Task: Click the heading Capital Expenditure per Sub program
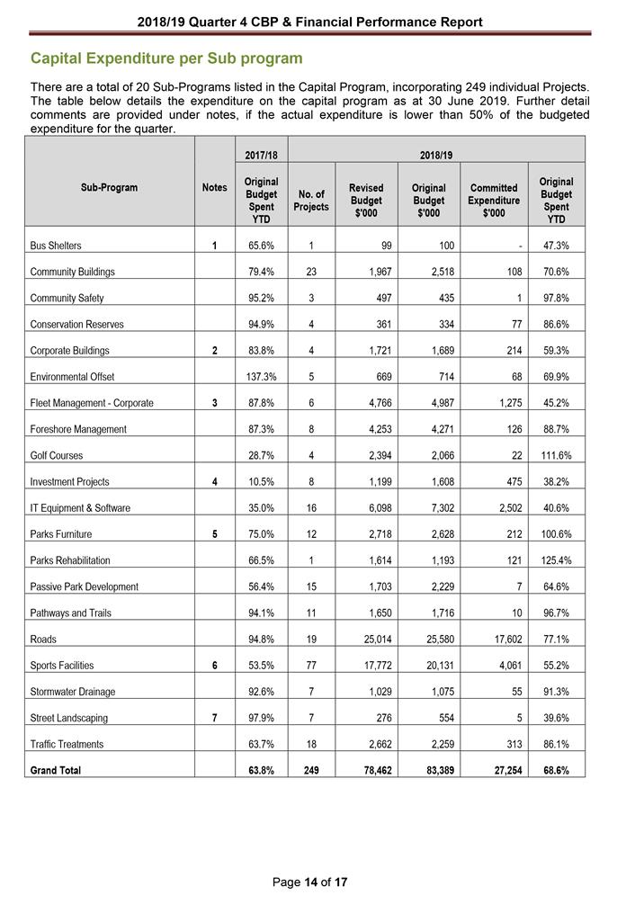tap(166, 58)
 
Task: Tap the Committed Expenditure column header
tap(494, 201)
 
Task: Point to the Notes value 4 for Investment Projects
tap(213, 481)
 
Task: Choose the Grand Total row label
tap(57, 771)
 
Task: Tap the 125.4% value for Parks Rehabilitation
tap(556, 560)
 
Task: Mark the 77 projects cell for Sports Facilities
tap(310, 666)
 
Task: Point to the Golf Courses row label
tap(58, 455)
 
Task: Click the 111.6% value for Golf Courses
tap(556, 455)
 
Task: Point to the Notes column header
tap(213, 187)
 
